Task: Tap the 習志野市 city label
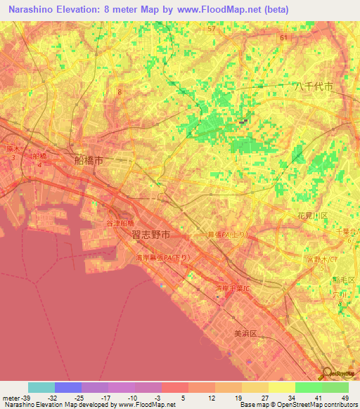[150, 235]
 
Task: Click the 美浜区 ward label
[247, 335]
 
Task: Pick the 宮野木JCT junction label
[322, 261]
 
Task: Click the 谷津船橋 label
[120, 223]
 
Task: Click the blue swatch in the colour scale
[68, 387]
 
